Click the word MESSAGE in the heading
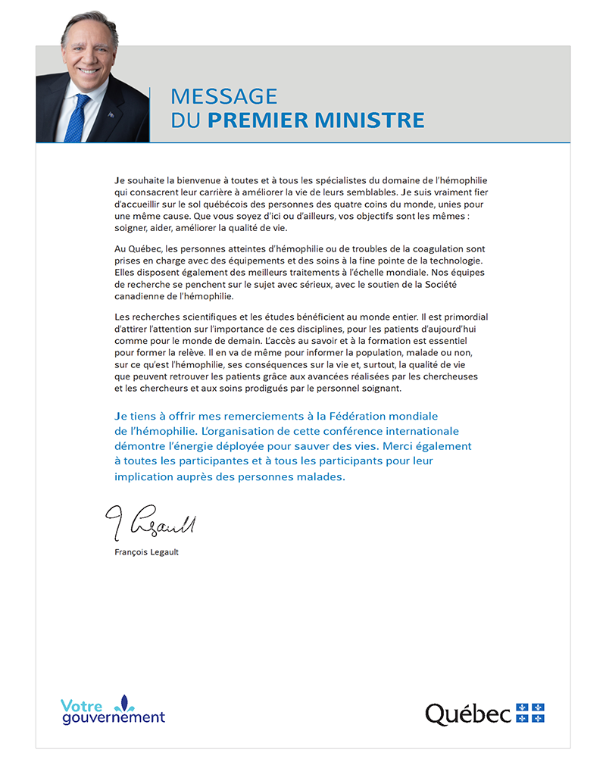coord(224,96)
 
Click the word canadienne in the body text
coord(139,297)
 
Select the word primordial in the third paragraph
coord(463,316)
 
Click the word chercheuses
coord(451,376)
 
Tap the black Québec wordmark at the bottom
coord(467,714)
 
